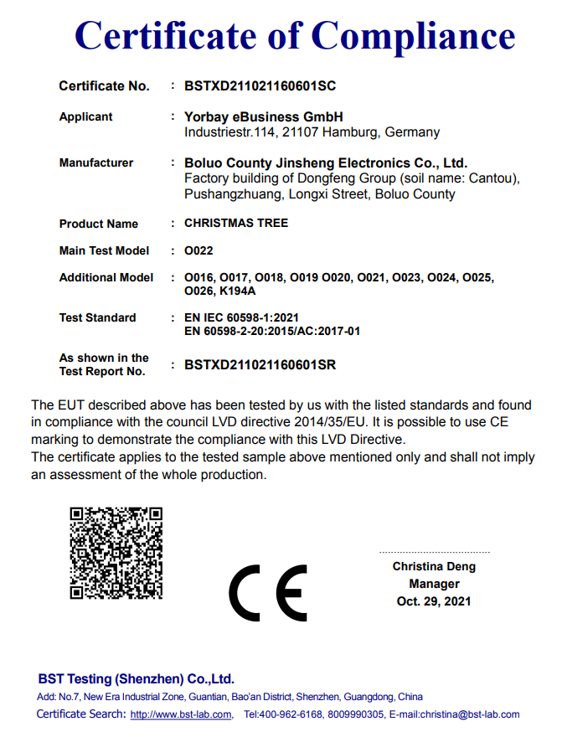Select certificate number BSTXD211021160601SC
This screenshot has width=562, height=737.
[260, 86]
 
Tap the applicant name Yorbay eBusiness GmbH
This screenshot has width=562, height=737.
[263, 117]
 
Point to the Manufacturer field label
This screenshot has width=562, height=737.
[96, 163]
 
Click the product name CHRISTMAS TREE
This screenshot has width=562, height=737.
[236, 224]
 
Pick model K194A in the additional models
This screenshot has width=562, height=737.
[237, 291]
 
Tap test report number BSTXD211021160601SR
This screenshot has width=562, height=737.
[260, 364]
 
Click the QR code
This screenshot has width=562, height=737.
[116, 552]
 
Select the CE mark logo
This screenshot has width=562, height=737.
[269, 593]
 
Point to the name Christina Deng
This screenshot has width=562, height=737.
[434, 567]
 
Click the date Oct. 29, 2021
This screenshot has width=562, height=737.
[434, 601]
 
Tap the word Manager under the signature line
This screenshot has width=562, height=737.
[434, 584]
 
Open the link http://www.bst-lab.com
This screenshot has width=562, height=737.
[181, 714]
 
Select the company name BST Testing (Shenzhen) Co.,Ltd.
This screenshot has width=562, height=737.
[136, 678]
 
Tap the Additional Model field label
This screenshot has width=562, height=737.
[106, 277]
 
